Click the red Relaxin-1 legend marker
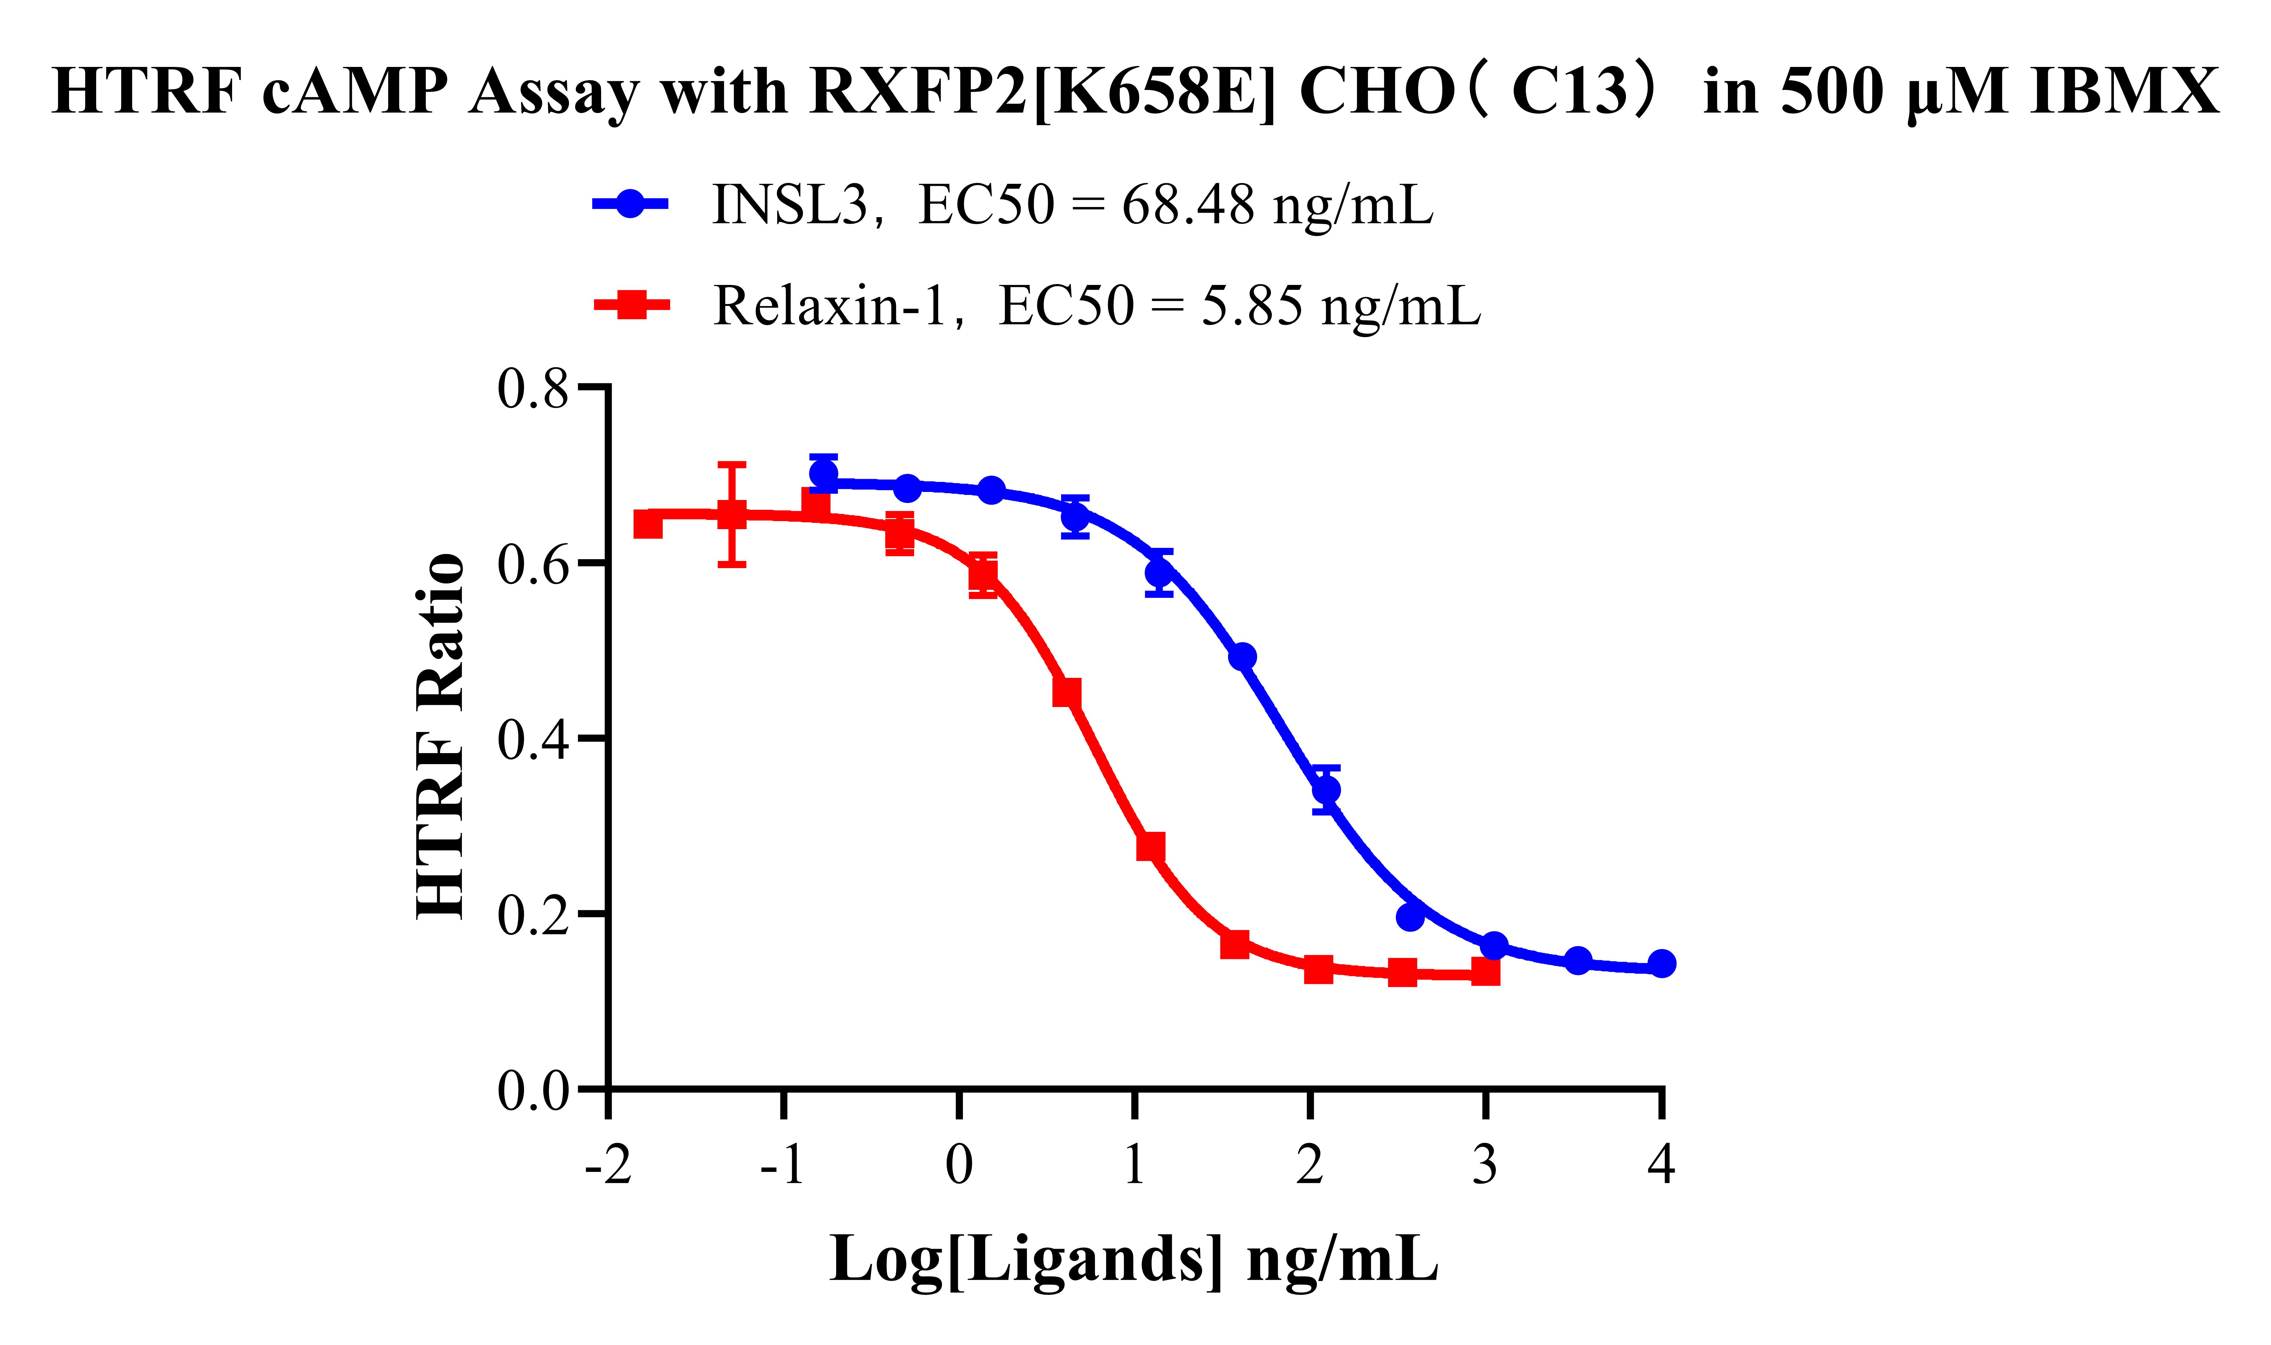[x=632, y=305]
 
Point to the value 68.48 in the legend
[x=1188, y=205]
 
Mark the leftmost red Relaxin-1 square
[x=647, y=524]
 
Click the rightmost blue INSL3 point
[x=1661, y=963]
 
